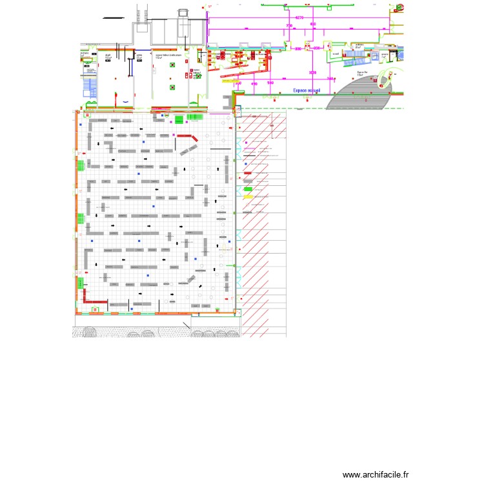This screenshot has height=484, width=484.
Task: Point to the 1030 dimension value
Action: click(313, 73)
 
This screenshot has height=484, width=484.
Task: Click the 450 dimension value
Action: click(254, 84)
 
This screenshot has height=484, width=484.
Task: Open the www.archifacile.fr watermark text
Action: click(376, 474)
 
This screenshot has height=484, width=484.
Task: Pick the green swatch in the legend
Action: click(248, 189)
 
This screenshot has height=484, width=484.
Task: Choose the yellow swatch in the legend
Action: click(248, 196)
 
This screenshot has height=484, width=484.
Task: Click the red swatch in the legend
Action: click(248, 173)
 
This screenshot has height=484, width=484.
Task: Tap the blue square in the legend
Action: click(246, 165)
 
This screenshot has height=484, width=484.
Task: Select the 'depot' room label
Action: click(108, 56)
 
